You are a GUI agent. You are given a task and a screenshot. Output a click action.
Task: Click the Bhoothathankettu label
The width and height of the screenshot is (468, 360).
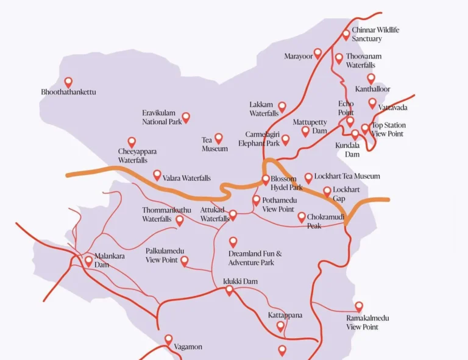tap(68, 92)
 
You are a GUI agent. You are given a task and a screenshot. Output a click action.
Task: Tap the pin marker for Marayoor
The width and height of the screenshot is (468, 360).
tap(317, 54)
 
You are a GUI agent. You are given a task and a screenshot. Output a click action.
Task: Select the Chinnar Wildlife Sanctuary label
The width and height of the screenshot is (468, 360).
tap(375, 34)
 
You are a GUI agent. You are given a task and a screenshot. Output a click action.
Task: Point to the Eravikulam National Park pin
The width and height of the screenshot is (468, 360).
tap(186, 117)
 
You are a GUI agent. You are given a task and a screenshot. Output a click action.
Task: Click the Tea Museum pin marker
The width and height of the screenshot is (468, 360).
tap(218, 138)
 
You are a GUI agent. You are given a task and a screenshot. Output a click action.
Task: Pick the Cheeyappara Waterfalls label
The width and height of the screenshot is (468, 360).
tap(133, 155)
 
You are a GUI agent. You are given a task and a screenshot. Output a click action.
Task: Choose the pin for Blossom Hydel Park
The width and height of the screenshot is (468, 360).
tap(266, 180)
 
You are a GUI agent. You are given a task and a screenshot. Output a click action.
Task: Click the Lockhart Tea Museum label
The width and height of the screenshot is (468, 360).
tap(347, 176)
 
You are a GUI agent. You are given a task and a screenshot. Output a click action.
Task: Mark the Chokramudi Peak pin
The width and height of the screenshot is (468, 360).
tap(302, 217)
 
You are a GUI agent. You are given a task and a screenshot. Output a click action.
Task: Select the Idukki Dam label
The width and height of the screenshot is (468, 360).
tap(240, 281)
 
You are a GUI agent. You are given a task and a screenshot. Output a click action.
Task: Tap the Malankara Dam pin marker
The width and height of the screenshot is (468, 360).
tap(88, 261)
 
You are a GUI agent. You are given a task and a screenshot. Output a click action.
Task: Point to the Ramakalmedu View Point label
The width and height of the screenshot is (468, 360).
tap(367, 322)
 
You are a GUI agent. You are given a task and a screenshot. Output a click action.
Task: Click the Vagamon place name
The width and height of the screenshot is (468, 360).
tap(188, 347)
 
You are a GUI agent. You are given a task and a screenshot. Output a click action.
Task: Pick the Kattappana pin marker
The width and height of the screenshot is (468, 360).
tap(280, 326)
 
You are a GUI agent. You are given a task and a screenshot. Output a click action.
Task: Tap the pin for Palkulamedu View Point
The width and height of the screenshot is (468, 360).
tap(184, 261)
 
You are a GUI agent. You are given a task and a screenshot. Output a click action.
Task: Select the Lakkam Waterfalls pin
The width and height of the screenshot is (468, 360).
tap(282, 107)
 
